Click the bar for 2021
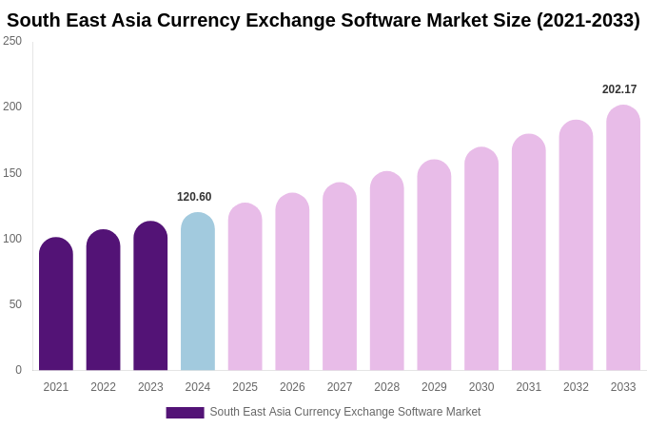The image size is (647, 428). (x=56, y=304)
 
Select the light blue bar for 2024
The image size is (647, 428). (x=198, y=292)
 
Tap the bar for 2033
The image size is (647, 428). (x=623, y=238)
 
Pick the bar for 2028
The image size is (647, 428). (x=387, y=271)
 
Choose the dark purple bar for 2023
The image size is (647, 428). (x=150, y=296)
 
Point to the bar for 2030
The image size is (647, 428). (x=481, y=259)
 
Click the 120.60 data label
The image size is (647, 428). (x=194, y=197)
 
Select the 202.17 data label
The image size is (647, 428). (x=619, y=89)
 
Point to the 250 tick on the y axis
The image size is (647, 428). (x=12, y=41)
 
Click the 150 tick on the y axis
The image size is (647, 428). (x=12, y=173)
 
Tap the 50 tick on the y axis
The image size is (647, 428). (x=15, y=304)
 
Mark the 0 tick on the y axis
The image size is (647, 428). (x=18, y=370)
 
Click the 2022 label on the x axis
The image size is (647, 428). (x=104, y=387)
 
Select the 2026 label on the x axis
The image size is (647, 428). (x=292, y=387)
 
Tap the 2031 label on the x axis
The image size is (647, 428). (x=529, y=387)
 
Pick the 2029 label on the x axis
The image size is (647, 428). (x=434, y=387)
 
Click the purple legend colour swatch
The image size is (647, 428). (x=185, y=413)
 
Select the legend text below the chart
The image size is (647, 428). (x=345, y=412)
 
